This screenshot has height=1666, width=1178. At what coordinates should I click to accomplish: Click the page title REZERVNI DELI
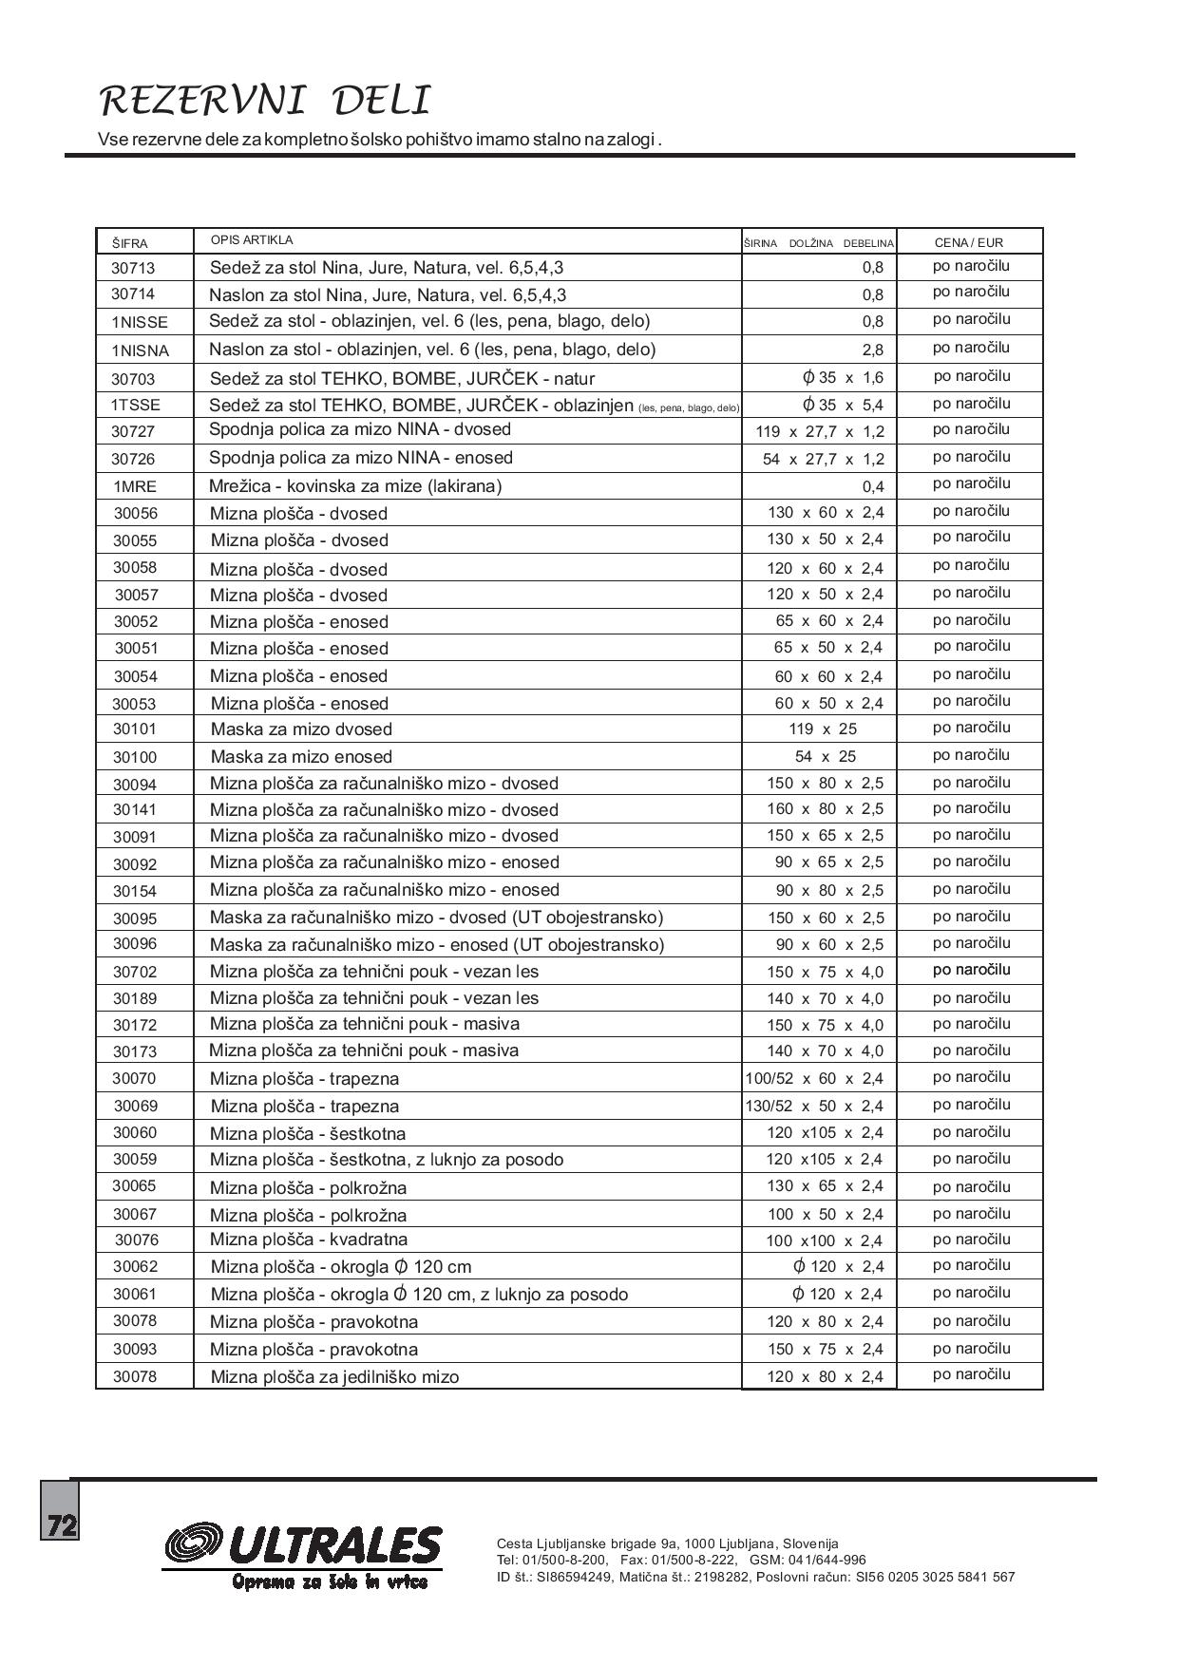tap(265, 101)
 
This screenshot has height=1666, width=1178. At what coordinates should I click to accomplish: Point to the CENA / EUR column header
tap(968, 242)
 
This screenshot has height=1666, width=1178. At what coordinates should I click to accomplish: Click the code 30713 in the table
tap(133, 269)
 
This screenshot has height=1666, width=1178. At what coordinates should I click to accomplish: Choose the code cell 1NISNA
tap(140, 350)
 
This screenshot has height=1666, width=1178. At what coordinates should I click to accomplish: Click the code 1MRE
tap(135, 486)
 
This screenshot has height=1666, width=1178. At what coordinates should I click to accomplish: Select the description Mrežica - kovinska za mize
tap(355, 486)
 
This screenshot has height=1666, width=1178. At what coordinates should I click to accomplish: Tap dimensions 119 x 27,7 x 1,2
tap(819, 432)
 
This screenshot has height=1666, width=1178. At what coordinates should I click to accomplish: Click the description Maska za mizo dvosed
tap(301, 729)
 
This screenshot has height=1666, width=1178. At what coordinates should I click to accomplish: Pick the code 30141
tap(135, 810)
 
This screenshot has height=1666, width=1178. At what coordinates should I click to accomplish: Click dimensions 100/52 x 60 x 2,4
tap(814, 1079)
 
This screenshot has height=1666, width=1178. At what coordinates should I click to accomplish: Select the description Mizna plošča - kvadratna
tap(309, 1240)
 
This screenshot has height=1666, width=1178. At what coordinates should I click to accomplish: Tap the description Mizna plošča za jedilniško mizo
tap(334, 1377)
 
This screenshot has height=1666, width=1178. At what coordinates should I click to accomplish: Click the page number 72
tap(61, 1525)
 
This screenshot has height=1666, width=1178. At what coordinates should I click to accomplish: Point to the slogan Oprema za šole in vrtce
tap(330, 1581)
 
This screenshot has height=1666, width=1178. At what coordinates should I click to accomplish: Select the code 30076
tap(137, 1240)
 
